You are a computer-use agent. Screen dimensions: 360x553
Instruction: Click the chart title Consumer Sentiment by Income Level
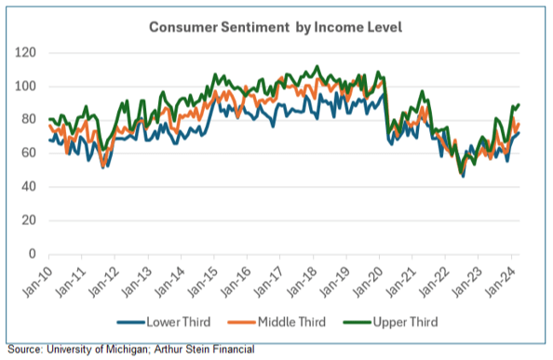(276, 27)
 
